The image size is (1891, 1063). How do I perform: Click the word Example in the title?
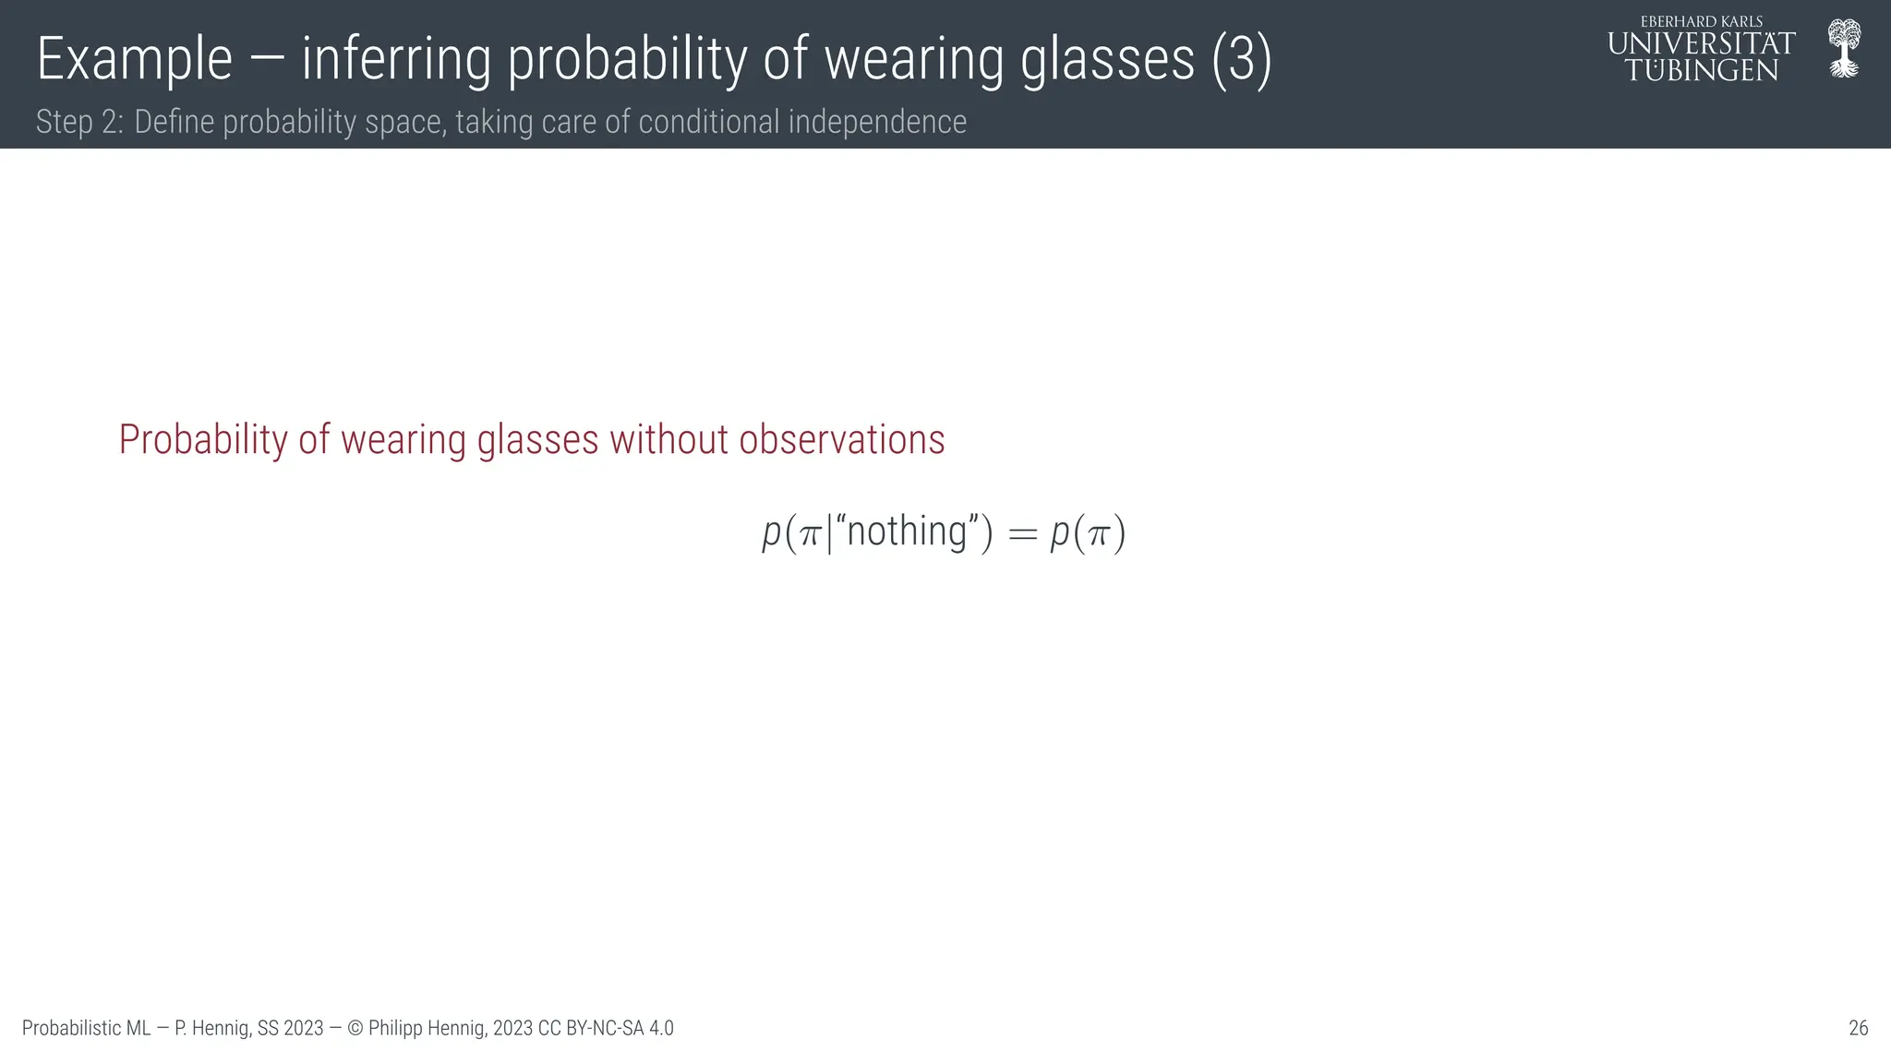click(134, 60)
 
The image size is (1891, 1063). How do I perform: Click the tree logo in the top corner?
click(1844, 48)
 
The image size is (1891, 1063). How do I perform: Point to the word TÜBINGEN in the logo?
click(1702, 70)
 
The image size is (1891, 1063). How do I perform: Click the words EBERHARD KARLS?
click(1702, 21)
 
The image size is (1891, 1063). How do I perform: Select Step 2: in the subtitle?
click(79, 122)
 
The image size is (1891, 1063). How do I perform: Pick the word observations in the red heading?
click(841, 440)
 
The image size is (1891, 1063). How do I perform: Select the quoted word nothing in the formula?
click(906, 532)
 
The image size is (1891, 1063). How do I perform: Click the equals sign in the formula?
click(1022, 534)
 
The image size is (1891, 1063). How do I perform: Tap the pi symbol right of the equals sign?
click(1098, 535)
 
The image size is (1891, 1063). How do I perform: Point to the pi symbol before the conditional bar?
click(810, 535)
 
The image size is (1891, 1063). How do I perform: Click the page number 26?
click(1858, 1028)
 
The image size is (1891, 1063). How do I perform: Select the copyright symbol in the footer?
click(355, 1028)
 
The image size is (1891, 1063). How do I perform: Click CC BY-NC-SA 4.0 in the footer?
click(606, 1028)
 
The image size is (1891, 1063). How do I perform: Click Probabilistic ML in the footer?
click(86, 1028)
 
